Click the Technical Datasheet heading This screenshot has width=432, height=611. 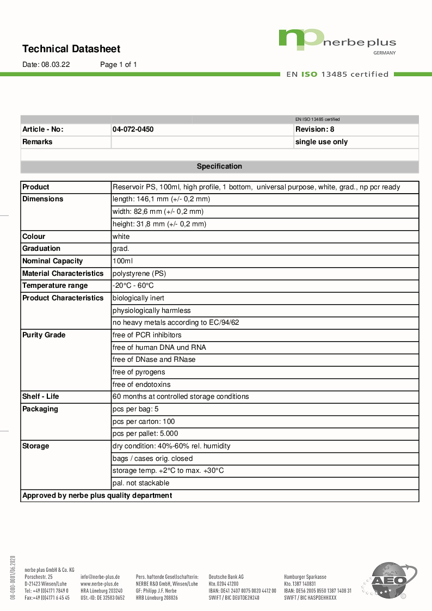coord(71,49)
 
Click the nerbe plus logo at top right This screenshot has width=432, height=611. coord(337,41)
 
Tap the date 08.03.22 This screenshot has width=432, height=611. coord(55,65)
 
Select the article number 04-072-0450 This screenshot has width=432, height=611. coord(133,129)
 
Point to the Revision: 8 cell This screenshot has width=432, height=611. coord(314,129)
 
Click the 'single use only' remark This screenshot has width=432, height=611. coord(321,142)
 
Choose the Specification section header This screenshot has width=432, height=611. coord(219,166)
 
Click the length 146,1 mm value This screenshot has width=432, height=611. coord(161,199)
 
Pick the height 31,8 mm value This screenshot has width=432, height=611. coord(159,224)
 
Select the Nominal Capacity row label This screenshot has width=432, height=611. coord(53,261)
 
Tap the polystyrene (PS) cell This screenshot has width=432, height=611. coord(139,274)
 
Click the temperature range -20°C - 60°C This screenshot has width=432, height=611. coord(133,286)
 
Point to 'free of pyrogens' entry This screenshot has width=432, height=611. coord(139,372)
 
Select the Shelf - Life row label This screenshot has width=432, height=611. coord(41,397)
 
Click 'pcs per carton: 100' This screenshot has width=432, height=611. coord(144,422)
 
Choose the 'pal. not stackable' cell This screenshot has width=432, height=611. coord(141,483)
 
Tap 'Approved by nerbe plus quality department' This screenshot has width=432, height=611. coord(97,496)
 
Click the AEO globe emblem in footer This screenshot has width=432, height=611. coord(390,581)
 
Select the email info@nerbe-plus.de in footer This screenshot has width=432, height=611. coord(100,576)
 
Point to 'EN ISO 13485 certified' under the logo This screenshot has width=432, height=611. coord(337,75)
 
